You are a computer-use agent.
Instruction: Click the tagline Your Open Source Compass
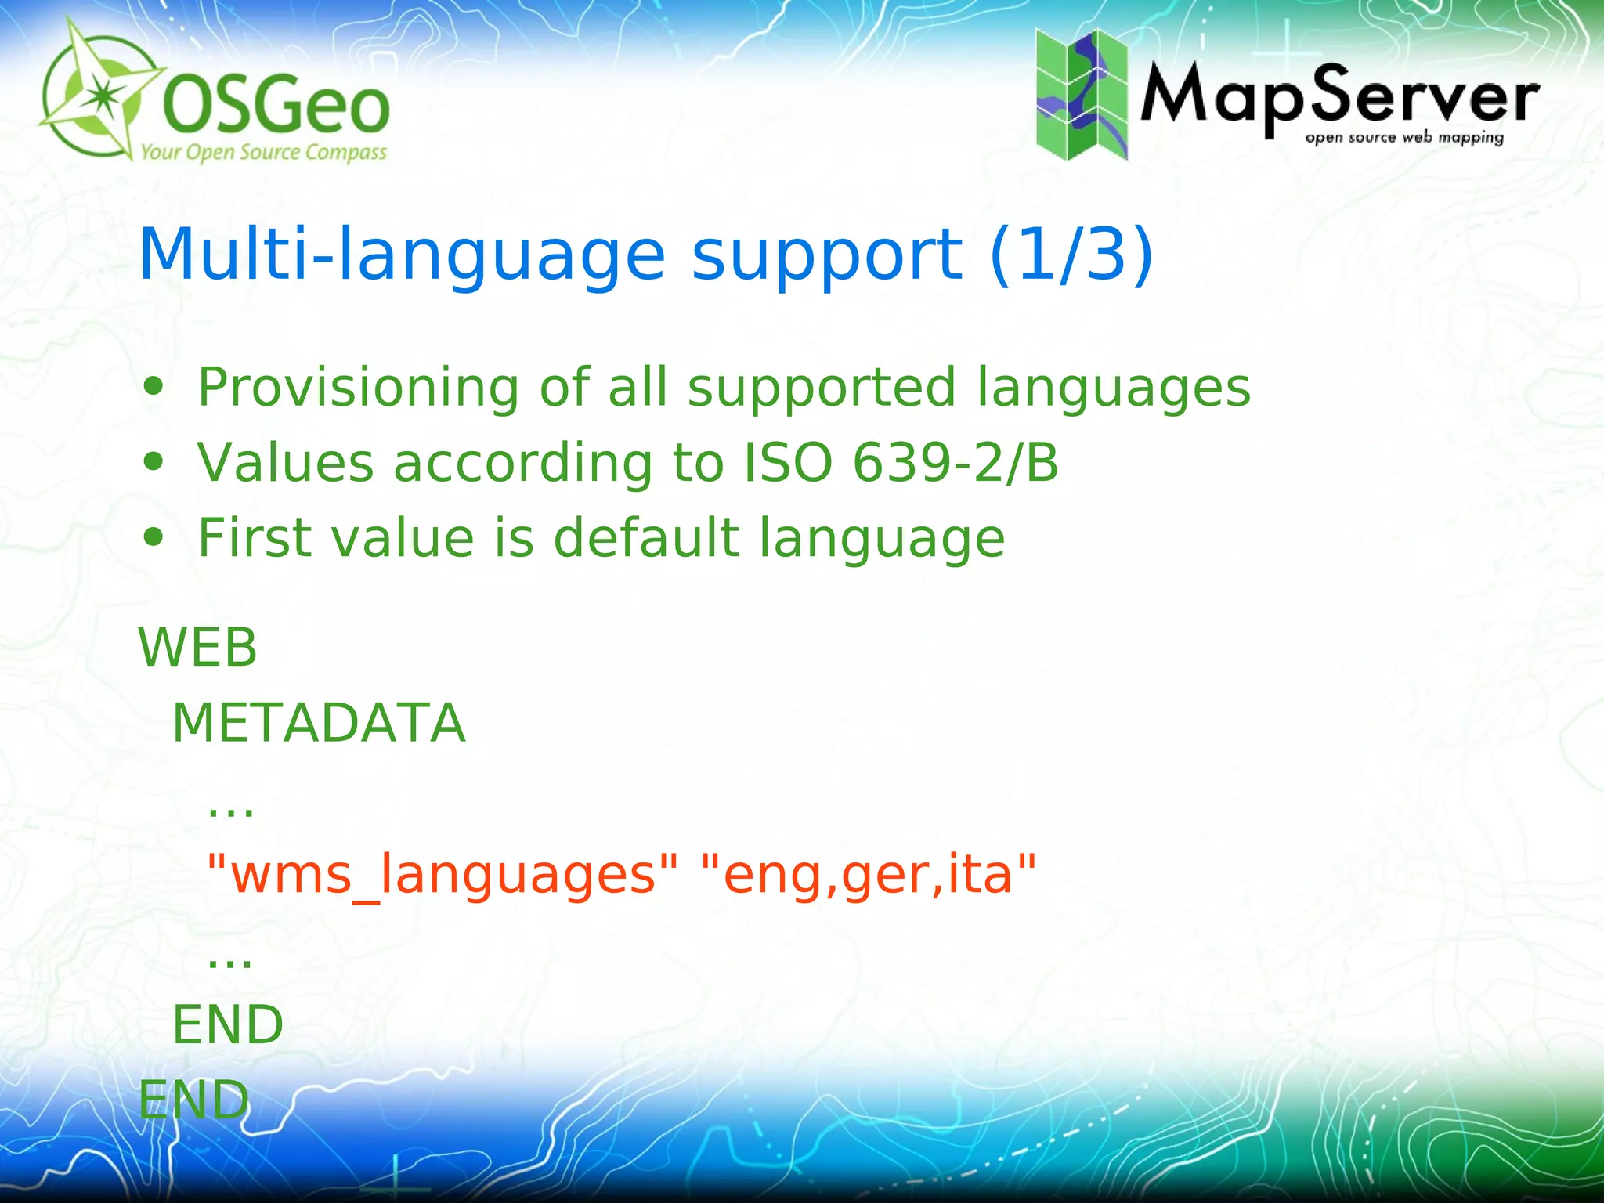pos(264,152)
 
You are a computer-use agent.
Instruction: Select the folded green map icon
pos(1082,95)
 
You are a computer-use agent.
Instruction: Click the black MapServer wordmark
pos(1339,98)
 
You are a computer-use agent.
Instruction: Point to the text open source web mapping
pos(1404,138)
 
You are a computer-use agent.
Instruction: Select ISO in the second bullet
pos(787,462)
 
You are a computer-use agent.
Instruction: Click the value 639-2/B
pos(955,462)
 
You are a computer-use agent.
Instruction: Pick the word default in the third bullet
pos(646,538)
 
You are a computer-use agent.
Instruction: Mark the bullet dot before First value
pos(154,538)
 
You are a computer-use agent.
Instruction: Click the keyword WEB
pos(197,648)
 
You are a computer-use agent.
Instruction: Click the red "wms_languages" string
pos(443,875)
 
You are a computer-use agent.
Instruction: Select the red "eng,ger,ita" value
pos(869,875)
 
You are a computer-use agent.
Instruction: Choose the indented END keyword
pos(228,1024)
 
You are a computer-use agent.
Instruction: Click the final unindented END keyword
pos(193,1100)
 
